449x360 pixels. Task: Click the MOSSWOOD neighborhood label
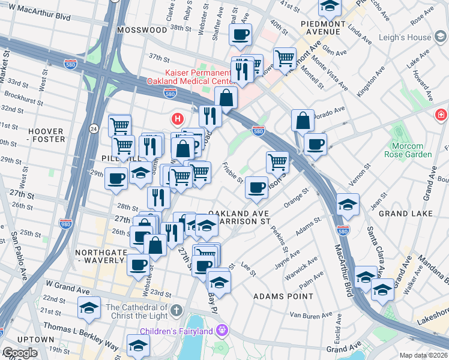click(142, 29)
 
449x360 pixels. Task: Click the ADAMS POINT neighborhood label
click(283, 296)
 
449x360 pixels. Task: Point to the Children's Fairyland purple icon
click(222, 330)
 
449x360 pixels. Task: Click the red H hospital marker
click(176, 118)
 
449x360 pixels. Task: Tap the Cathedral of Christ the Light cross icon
click(175, 310)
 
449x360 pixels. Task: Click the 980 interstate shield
click(66, 223)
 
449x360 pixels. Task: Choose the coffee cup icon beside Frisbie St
click(256, 187)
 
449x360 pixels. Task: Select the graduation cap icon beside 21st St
click(89, 308)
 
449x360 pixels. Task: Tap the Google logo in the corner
click(19, 353)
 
